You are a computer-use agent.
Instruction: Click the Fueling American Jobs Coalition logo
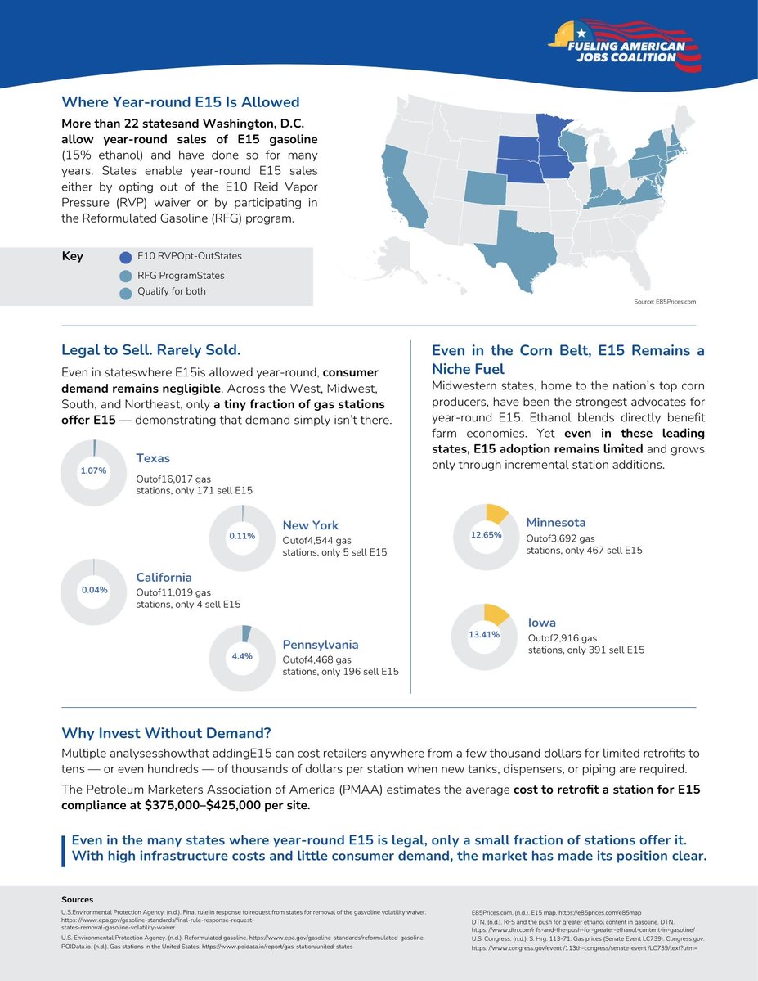(626, 48)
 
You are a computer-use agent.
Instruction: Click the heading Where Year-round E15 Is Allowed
(181, 102)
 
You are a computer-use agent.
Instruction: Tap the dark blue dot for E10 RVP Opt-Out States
(125, 257)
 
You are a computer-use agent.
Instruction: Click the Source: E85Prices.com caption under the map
(665, 302)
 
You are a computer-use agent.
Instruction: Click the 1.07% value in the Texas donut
(93, 471)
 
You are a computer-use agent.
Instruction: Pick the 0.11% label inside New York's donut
(242, 536)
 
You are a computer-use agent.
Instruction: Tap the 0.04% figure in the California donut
(93, 590)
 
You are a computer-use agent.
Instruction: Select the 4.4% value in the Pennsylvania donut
(242, 656)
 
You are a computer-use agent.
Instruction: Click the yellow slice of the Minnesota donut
(496, 513)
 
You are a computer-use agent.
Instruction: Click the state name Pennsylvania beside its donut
(321, 645)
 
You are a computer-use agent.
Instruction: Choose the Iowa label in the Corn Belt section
(541, 623)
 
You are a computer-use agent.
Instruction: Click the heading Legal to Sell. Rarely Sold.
(151, 350)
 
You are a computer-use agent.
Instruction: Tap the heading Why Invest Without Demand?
(166, 731)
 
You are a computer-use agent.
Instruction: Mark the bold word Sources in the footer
(78, 899)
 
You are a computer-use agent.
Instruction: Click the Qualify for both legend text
(171, 291)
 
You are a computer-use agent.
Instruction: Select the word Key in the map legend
(72, 256)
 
